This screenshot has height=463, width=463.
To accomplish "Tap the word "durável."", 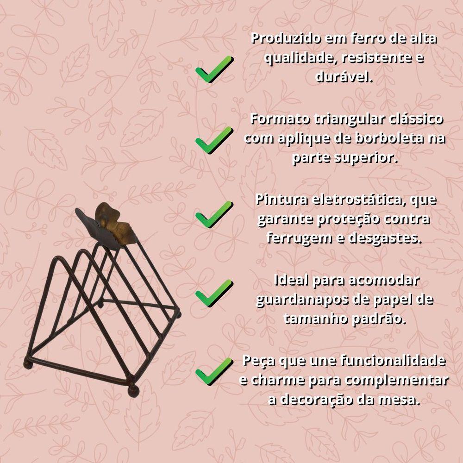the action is click(x=344, y=76).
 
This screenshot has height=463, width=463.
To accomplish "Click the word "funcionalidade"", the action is click(x=393, y=361).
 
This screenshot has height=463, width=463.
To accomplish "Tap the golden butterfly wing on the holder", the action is click(x=114, y=221).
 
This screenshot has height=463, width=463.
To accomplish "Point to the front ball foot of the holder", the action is click(x=133, y=391).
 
